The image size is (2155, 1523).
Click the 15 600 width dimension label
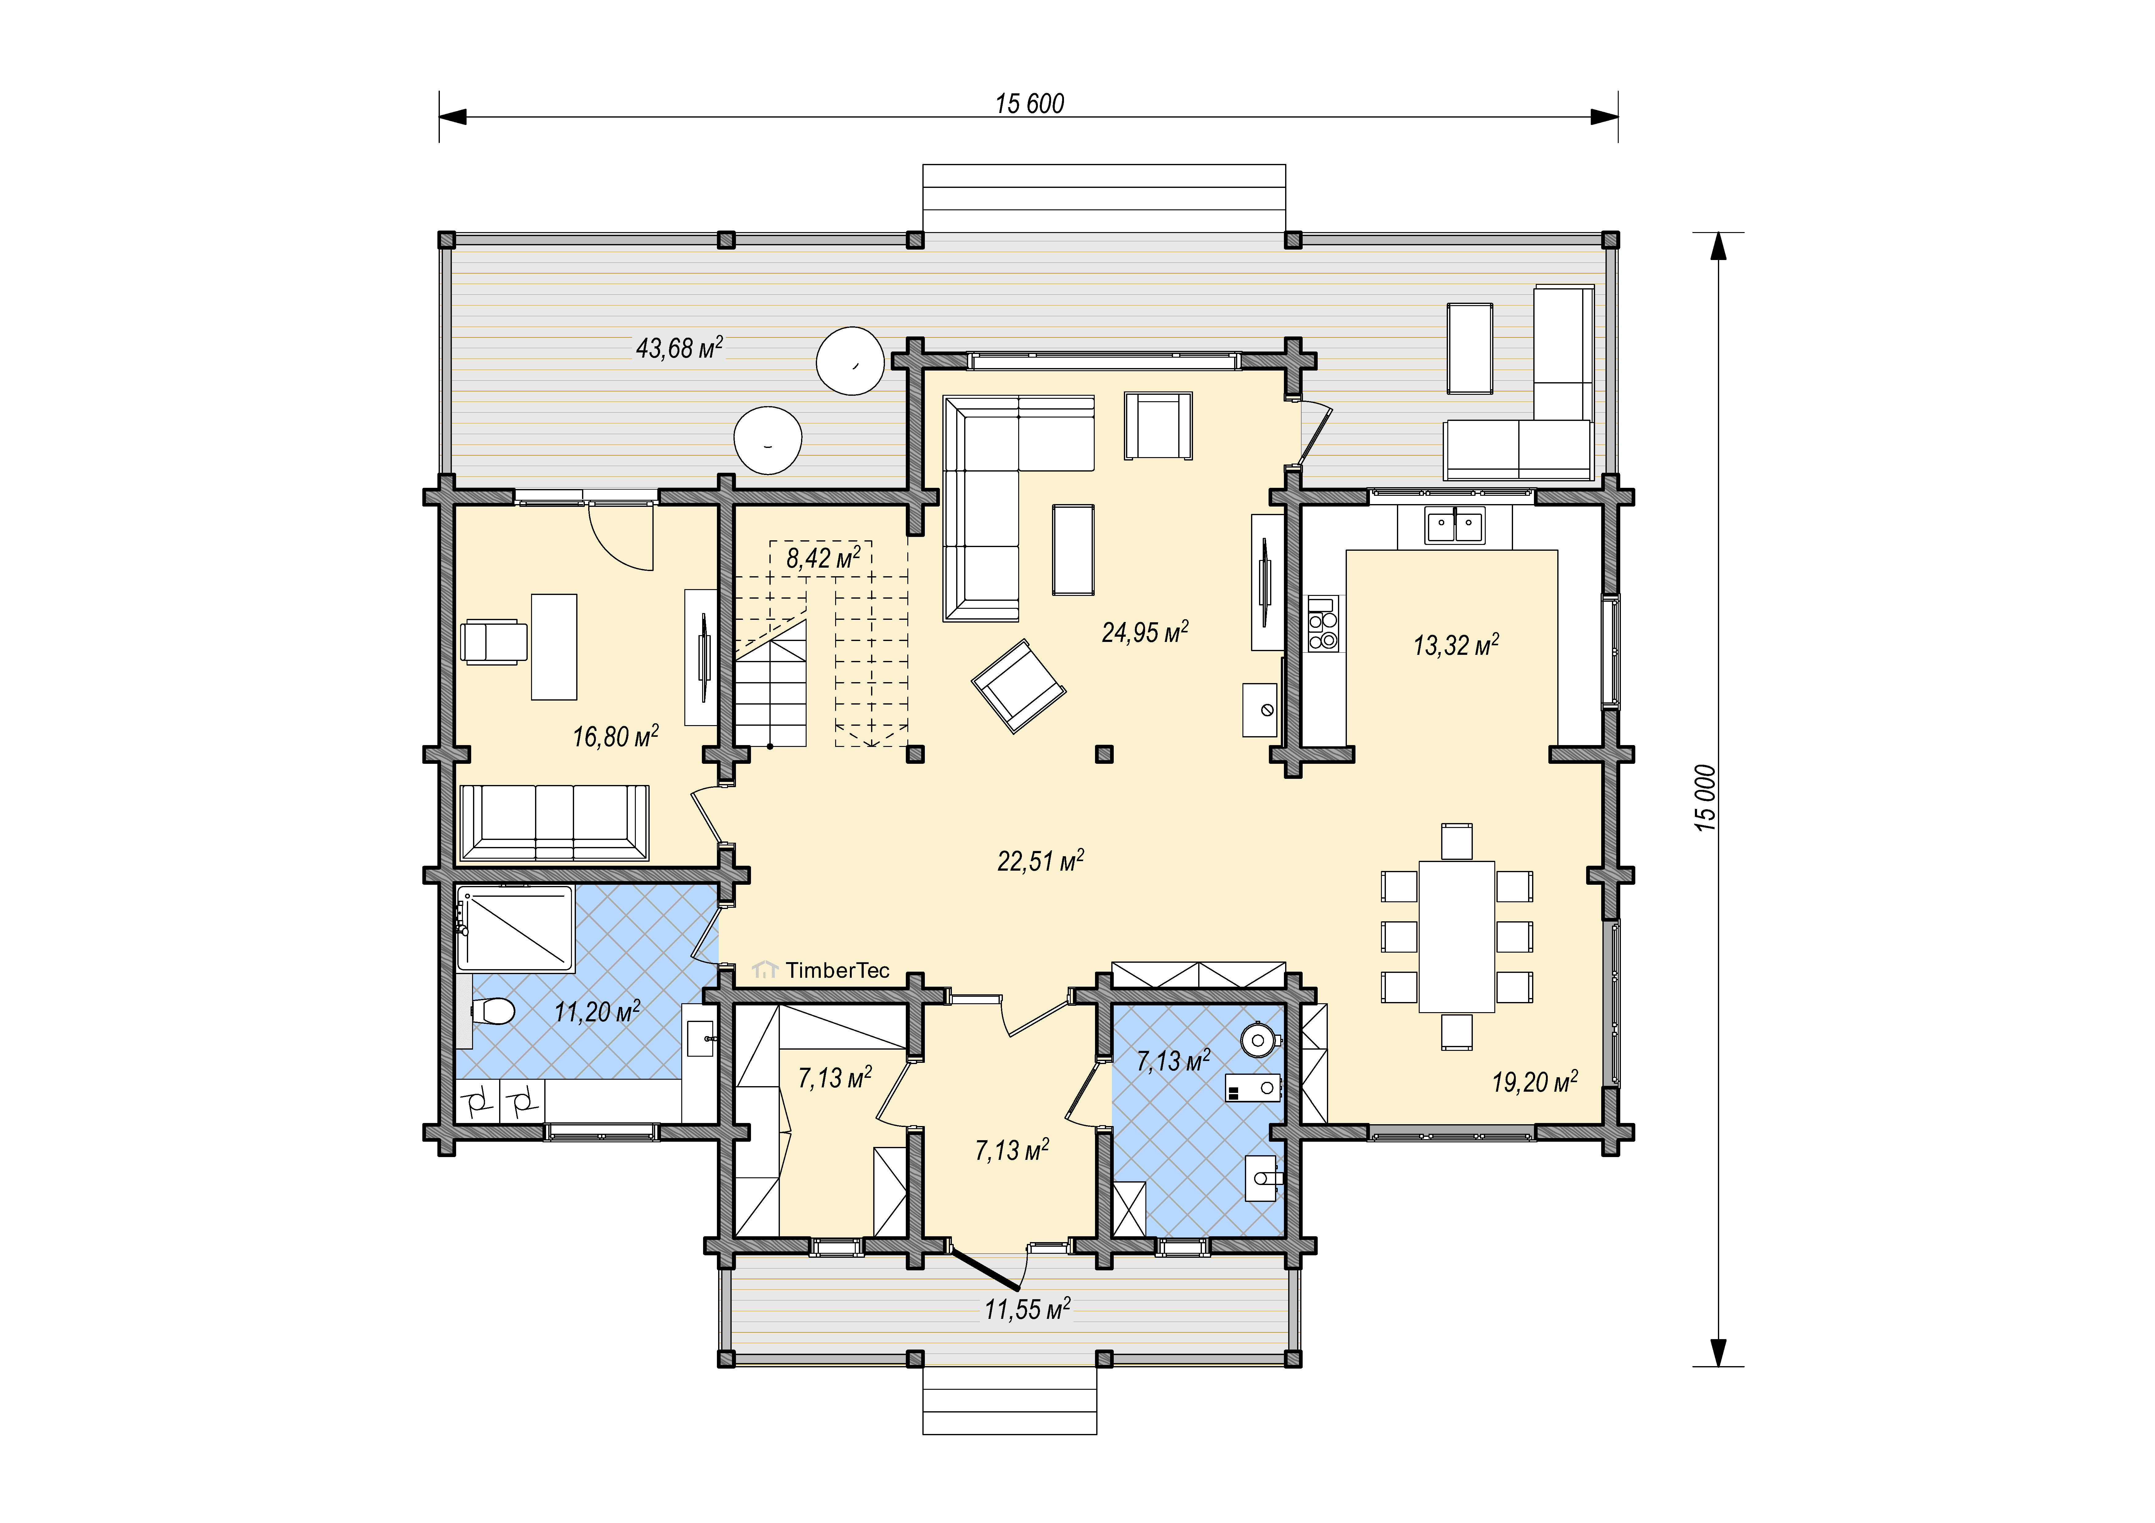click(1030, 103)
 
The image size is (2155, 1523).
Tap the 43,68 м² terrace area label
click(679, 348)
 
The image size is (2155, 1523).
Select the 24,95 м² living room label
click(1145, 631)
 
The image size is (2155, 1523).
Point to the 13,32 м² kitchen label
click(1456, 645)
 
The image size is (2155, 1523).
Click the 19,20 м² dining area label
click(1535, 1082)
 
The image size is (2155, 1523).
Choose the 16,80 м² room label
click(616, 736)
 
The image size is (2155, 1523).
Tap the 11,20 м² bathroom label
click(597, 1012)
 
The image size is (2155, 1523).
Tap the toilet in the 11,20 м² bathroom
click(492, 1012)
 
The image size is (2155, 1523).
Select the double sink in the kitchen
click(1455, 526)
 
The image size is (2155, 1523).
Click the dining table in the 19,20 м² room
click(1457, 937)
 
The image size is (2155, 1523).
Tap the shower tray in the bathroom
click(515, 928)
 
